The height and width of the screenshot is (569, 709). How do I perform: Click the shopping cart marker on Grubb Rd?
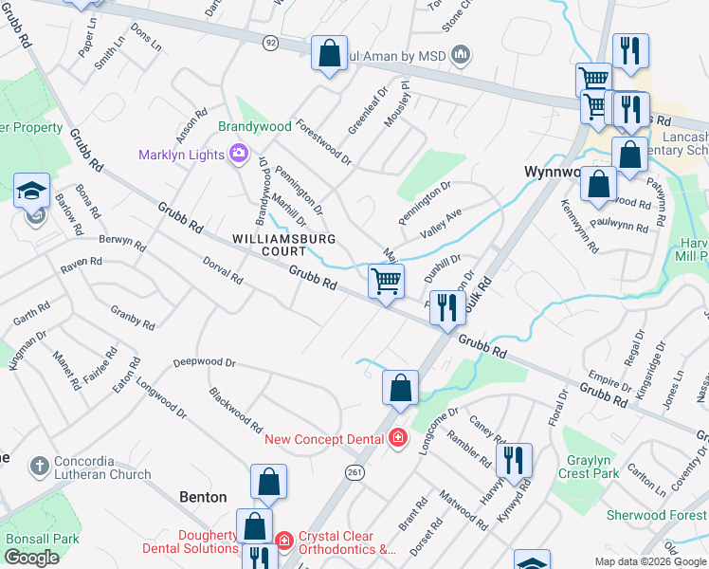386,281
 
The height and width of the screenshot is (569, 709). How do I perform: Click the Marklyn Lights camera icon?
239,153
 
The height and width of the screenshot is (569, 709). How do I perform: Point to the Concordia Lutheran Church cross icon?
39,466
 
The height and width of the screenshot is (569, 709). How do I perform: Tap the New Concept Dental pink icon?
398,437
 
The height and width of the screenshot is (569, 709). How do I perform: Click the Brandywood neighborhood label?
255,126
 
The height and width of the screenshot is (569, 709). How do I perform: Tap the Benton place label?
204,497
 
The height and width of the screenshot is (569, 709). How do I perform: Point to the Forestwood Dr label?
324,142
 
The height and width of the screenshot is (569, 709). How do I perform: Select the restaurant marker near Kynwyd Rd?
513,461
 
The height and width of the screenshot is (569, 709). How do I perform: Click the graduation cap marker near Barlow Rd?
31,190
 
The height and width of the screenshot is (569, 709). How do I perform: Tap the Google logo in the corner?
32,558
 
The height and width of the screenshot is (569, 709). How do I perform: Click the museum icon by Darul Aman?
463,53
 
